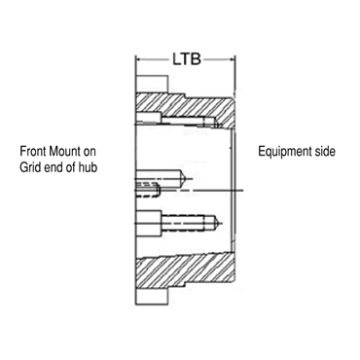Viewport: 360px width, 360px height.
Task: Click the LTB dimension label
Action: (186, 58)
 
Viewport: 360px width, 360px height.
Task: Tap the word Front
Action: (36, 152)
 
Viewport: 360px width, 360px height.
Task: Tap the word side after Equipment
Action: (325, 152)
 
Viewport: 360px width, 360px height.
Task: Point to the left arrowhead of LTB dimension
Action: (139, 58)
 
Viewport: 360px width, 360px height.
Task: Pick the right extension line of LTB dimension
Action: (235, 73)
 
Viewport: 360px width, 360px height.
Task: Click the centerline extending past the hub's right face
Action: (243, 188)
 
